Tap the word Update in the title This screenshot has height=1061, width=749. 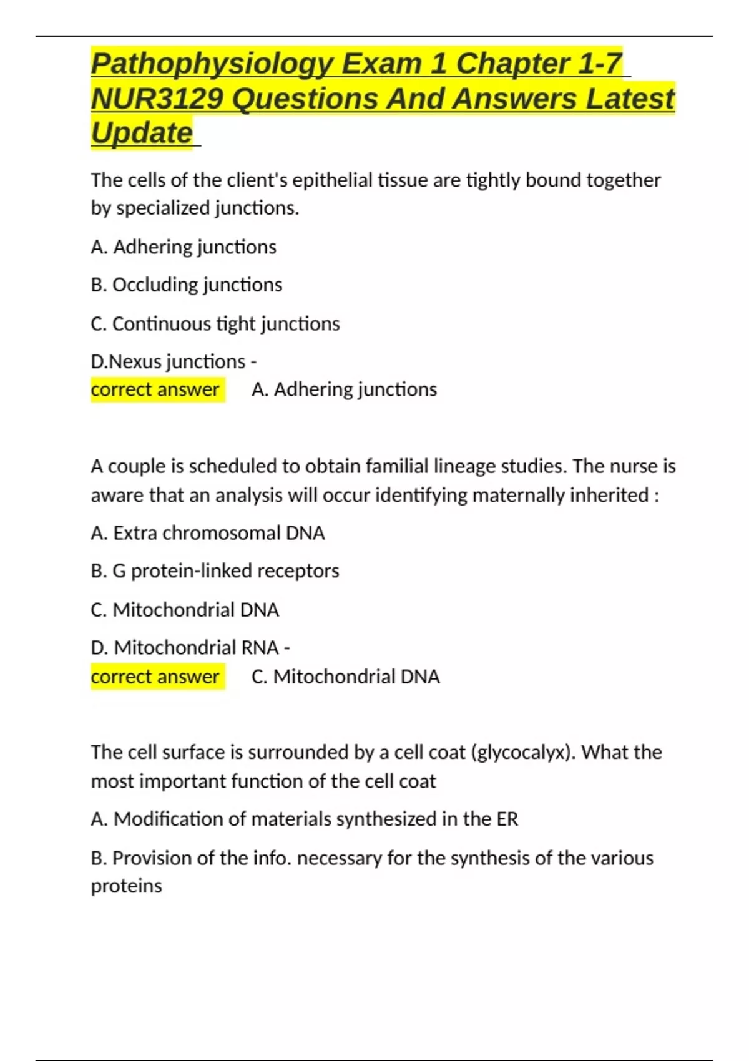(142, 133)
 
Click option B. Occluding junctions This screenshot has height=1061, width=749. (186, 285)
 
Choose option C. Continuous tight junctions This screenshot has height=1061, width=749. (215, 324)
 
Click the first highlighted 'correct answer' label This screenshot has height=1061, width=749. (155, 389)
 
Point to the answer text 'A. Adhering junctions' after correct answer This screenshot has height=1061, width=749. (344, 389)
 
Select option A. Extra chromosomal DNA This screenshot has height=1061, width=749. (207, 533)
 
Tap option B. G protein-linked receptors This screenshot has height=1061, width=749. (215, 571)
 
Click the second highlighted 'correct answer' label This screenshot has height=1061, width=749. (155, 677)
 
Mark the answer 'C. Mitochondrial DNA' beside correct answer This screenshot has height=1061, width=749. (345, 677)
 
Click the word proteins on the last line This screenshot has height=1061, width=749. (126, 886)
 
